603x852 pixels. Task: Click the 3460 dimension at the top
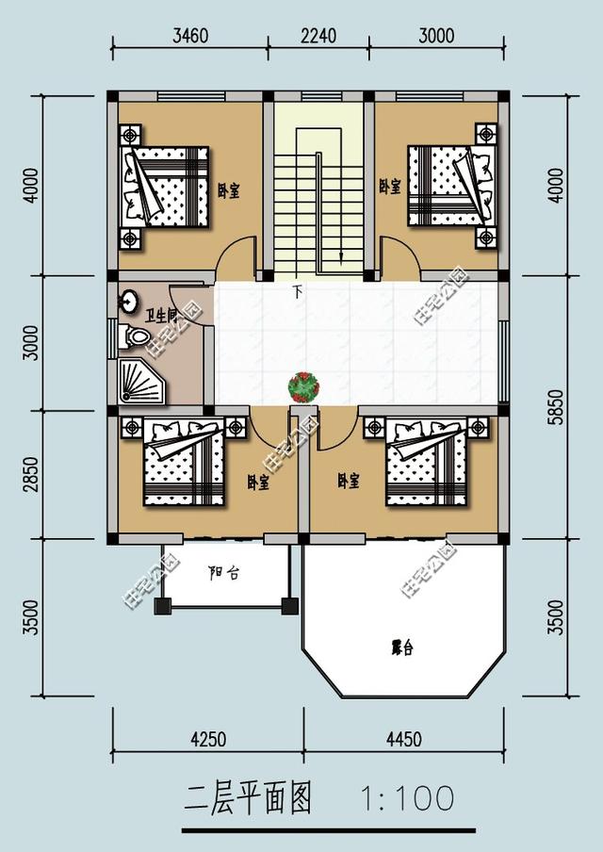(x=190, y=37)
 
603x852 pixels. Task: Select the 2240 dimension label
(x=318, y=37)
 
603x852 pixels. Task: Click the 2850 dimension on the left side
(x=32, y=475)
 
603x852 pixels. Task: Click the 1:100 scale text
(x=407, y=799)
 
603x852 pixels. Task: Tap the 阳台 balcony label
(x=223, y=572)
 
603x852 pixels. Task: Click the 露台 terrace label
(x=403, y=647)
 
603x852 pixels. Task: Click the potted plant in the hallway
(x=303, y=385)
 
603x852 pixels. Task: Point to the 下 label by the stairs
(x=298, y=291)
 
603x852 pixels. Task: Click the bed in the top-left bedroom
(x=165, y=187)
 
